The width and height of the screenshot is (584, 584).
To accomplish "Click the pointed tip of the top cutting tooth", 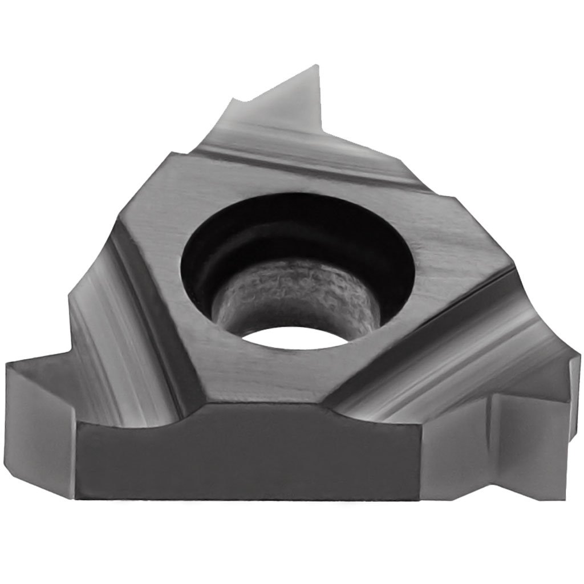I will click(315, 68).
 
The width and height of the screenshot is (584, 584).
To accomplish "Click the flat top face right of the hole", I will click(451, 251).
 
